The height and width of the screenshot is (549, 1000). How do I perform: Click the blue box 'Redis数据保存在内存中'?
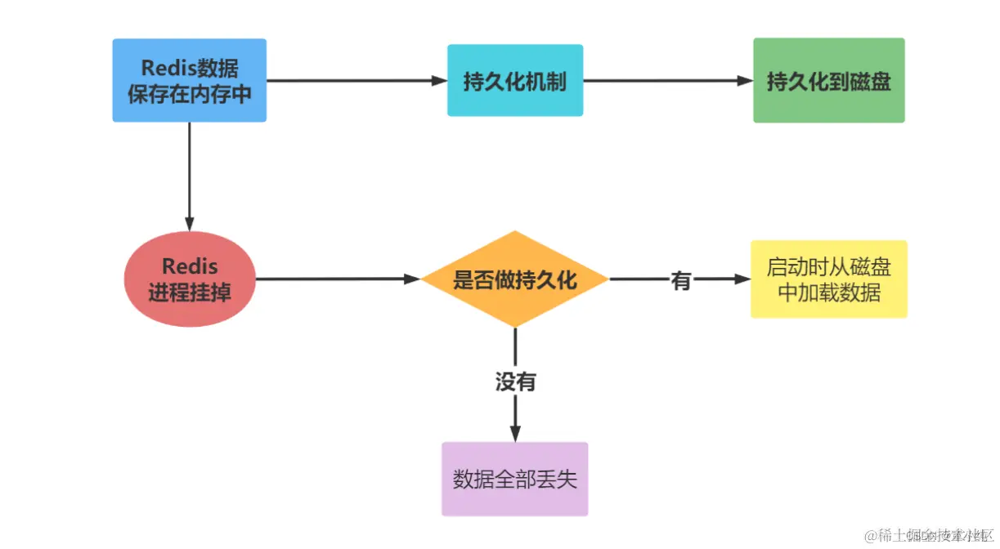(x=189, y=80)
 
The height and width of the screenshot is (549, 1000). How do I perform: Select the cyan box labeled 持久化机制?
(x=514, y=81)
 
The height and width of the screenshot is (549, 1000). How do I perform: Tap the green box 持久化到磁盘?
(x=828, y=81)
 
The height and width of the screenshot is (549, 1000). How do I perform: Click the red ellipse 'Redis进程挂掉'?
(x=189, y=279)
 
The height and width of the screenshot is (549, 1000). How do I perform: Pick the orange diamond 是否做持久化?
(x=514, y=279)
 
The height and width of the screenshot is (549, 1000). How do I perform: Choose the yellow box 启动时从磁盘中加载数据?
(x=828, y=279)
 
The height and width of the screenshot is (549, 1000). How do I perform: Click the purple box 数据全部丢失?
(x=514, y=479)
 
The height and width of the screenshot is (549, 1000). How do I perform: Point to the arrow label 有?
(x=681, y=280)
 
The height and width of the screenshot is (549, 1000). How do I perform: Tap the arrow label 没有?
(x=515, y=382)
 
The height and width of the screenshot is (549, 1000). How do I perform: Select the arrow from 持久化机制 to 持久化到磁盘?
(x=666, y=80)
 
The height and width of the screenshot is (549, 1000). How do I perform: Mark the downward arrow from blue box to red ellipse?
(x=189, y=176)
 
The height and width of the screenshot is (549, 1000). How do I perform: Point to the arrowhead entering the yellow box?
(x=742, y=279)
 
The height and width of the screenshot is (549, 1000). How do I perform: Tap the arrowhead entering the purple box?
(x=515, y=434)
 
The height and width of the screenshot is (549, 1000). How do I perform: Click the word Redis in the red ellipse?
(x=189, y=266)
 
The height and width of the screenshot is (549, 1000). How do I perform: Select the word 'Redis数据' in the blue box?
(x=190, y=69)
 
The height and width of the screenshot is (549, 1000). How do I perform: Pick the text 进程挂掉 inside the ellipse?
(x=189, y=292)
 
